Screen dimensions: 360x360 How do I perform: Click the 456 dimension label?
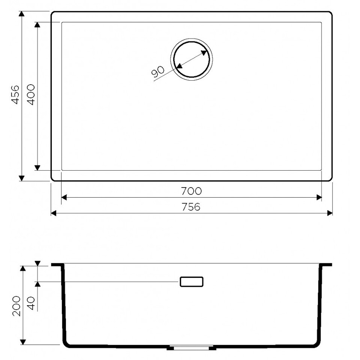tap(15, 94)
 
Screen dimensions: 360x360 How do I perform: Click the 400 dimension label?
tap(31, 94)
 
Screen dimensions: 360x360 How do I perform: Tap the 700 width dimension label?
tap(192, 191)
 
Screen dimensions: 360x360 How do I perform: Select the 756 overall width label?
tap(191, 207)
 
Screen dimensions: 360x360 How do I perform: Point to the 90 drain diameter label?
tap(158, 71)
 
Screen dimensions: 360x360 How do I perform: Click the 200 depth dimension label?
tap(16, 306)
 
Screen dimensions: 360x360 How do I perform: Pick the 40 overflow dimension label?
tap(31, 303)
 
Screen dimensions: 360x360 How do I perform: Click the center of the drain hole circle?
tap(192, 59)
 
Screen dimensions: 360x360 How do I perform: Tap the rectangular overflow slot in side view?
tap(192, 282)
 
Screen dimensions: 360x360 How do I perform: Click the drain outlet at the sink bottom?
tap(191, 348)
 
